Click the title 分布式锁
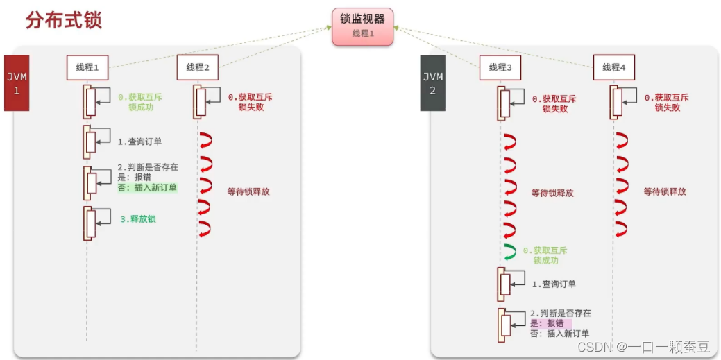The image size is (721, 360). point(64,19)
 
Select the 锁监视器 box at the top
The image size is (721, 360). point(362,26)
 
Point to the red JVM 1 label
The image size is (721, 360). point(17,82)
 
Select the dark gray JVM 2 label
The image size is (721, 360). point(433,82)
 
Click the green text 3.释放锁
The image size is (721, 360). point(137,219)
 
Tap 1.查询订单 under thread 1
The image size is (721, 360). point(140,142)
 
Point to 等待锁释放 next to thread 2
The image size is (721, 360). point(248,191)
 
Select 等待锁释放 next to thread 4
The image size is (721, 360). point(664,191)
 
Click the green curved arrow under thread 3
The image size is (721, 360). point(510,254)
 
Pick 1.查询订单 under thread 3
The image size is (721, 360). point(554,284)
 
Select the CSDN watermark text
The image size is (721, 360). point(643,346)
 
